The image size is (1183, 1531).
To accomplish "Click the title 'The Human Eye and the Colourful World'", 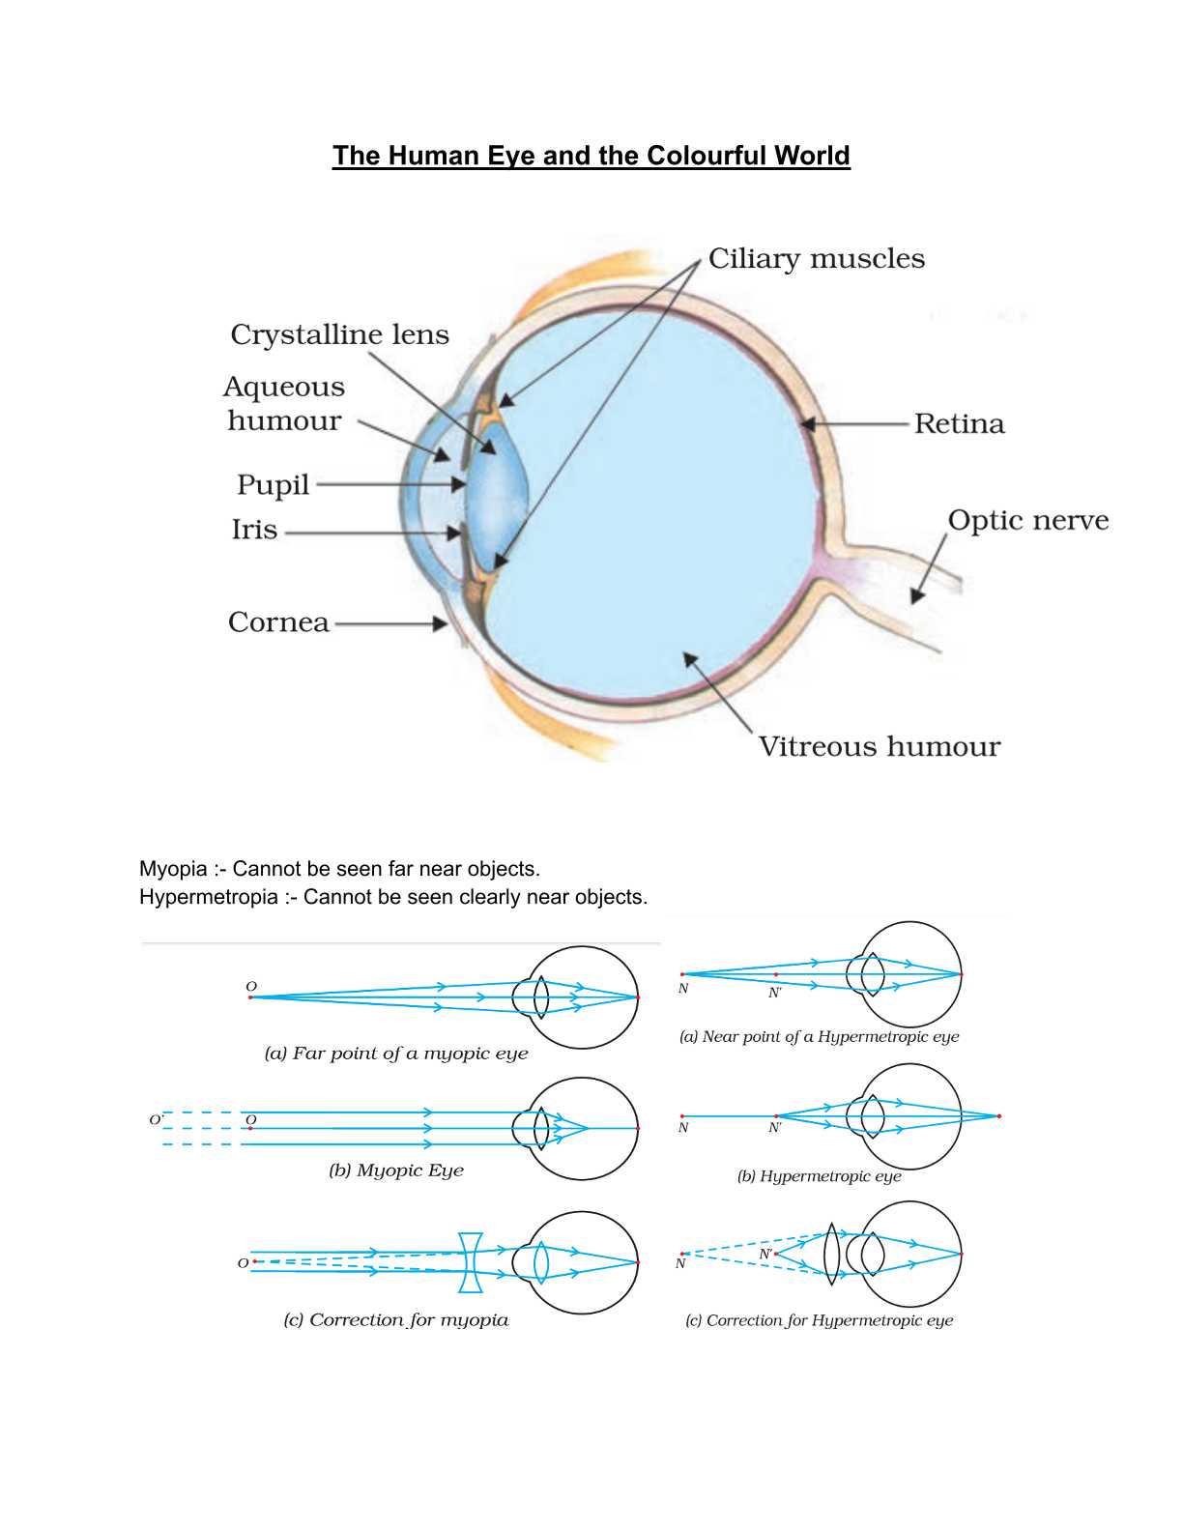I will click(x=591, y=156).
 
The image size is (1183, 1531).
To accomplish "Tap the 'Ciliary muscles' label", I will click(x=816, y=259).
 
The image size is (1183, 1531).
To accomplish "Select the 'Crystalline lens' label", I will click(x=339, y=334).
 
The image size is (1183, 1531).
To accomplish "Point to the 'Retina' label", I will click(x=959, y=424).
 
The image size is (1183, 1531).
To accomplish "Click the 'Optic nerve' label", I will click(x=1027, y=520).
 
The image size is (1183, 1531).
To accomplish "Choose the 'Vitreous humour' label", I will click(x=879, y=746).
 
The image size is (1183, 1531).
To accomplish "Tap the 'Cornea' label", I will click(x=278, y=622).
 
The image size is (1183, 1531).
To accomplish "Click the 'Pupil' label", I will click(x=273, y=484).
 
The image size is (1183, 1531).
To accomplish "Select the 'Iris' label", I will click(x=254, y=530).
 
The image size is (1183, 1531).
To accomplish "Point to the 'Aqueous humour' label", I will click(x=284, y=403).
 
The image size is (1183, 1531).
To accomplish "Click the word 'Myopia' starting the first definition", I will click(x=173, y=869).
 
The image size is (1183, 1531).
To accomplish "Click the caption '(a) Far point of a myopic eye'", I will click(x=396, y=1054).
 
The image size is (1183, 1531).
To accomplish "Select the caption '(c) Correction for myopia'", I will click(x=395, y=1320).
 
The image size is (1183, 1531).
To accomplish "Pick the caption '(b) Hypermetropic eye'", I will click(x=819, y=1176).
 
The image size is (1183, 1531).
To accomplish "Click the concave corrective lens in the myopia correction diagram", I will click(x=471, y=1262).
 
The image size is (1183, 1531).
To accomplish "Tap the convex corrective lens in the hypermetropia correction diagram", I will click(x=831, y=1255).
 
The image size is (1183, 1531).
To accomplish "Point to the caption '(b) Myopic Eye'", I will click(x=396, y=1170).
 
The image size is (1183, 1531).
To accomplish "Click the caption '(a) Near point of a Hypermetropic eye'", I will click(x=819, y=1037).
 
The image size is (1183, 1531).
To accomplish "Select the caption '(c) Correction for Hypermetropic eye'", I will click(x=819, y=1320).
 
